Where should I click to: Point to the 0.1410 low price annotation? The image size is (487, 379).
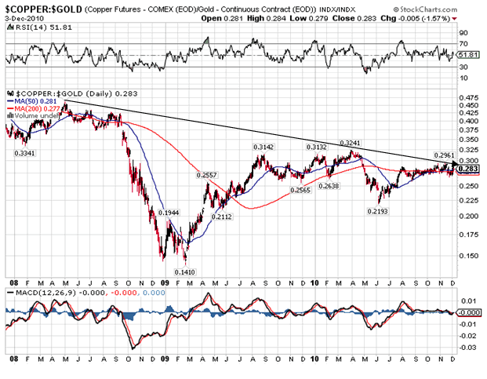[x=185, y=271]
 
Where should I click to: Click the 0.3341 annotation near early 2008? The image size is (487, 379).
[x=25, y=153]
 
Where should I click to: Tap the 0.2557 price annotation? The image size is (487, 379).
[x=207, y=174]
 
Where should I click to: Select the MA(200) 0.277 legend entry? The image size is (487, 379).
[x=31, y=108]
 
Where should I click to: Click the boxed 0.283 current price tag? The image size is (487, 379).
[x=467, y=168]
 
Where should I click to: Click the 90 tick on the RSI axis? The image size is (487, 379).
[x=463, y=34]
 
